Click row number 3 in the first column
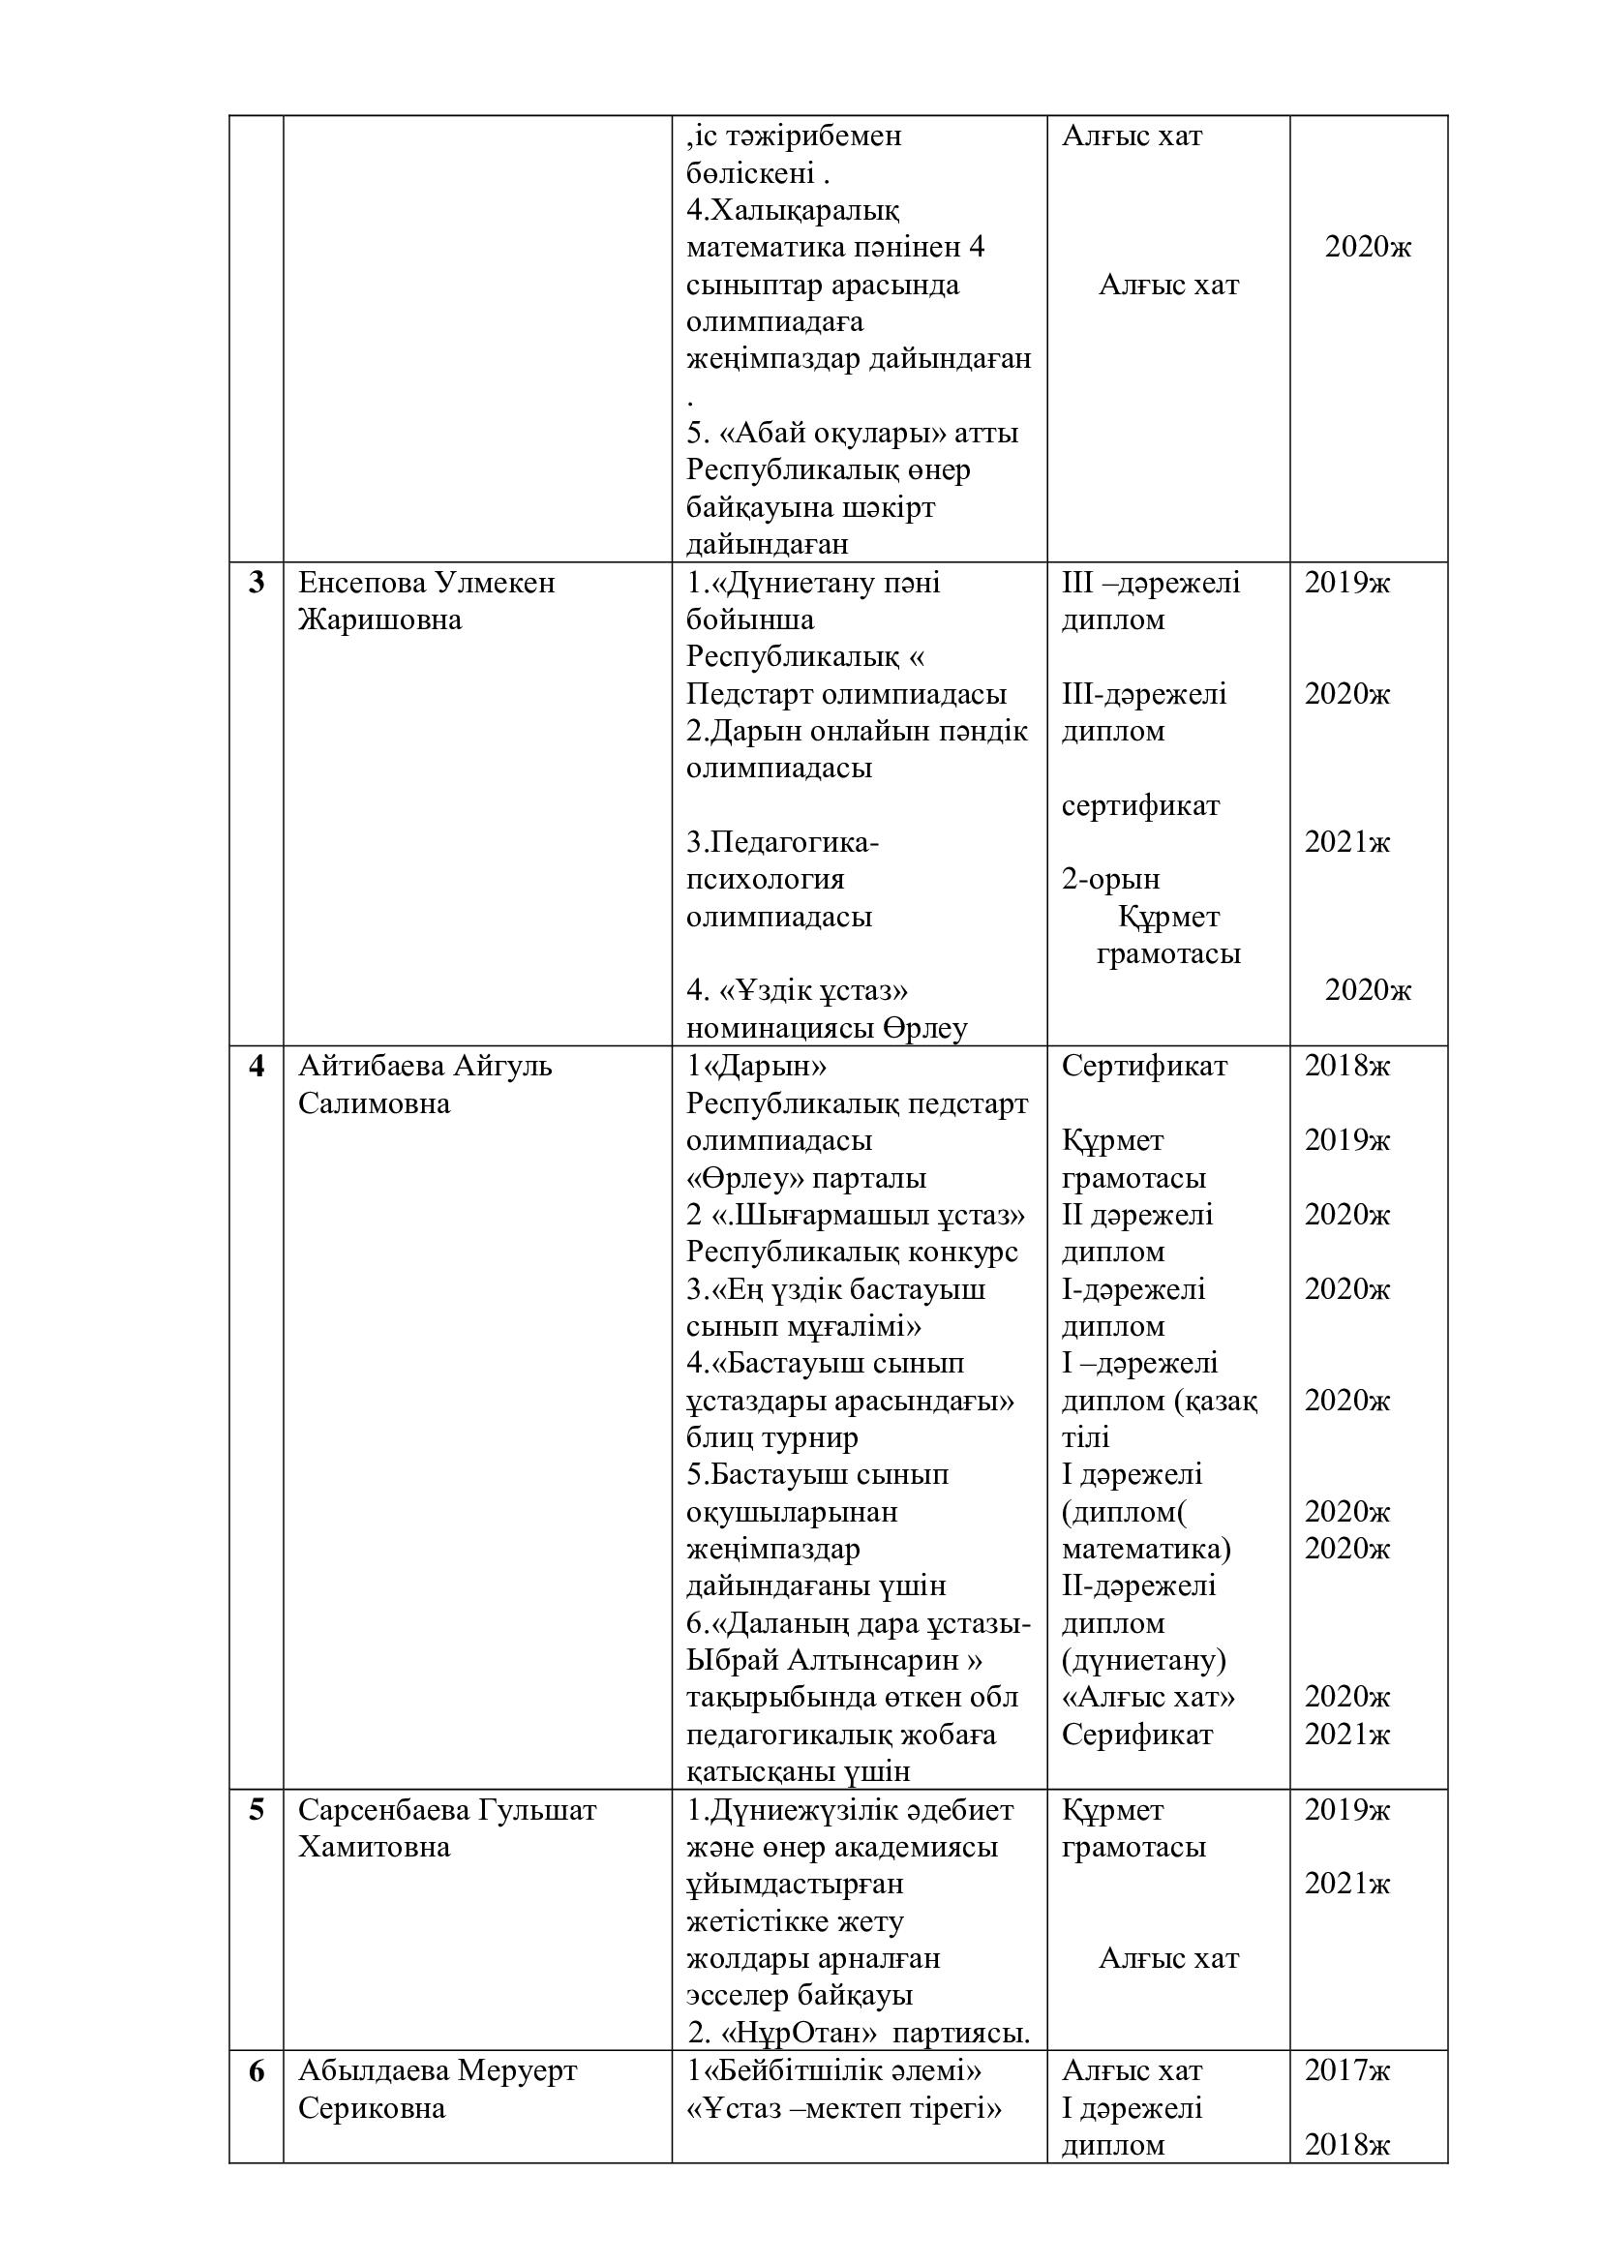[257, 583]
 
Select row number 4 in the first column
[257, 1066]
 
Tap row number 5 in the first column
[257, 1810]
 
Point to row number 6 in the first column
[257, 2070]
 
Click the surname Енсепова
[360, 583]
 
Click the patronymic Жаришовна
[379, 620]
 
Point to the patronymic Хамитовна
[374, 1847]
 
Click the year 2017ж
[1346, 2070]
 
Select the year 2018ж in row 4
[1346, 1066]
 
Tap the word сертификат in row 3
[1140, 805]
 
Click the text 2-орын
[1110, 879]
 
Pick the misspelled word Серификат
[1136, 1736]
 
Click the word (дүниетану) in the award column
[1143, 1661]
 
